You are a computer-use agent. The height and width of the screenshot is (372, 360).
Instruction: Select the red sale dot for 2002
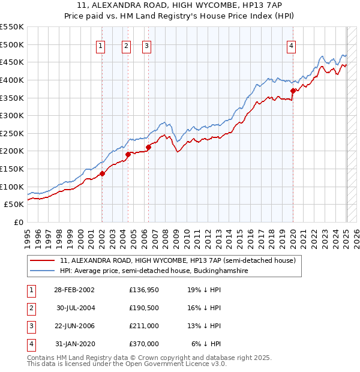click(x=102, y=173)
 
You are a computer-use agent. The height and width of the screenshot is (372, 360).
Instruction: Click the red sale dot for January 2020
click(x=293, y=91)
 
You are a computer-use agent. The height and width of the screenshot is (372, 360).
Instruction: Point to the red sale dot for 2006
click(x=148, y=146)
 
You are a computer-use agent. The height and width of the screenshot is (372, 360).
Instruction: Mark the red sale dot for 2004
click(x=128, y=154)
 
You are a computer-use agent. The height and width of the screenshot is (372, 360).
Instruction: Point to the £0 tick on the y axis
click(x=18, y=222)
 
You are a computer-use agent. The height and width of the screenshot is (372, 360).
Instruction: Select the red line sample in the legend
click(x=43, y=261)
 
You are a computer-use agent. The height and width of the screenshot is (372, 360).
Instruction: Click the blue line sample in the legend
click(x=43, y=271)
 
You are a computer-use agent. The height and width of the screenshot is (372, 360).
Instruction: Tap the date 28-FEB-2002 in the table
click(x=74, y=290)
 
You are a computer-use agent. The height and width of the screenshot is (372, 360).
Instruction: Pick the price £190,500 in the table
click(x=144, y=308)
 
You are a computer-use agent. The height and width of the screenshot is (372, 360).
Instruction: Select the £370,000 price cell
click(x=144, y=344)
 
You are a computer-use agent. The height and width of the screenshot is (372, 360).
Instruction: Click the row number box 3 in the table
click(x=29, y=326)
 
